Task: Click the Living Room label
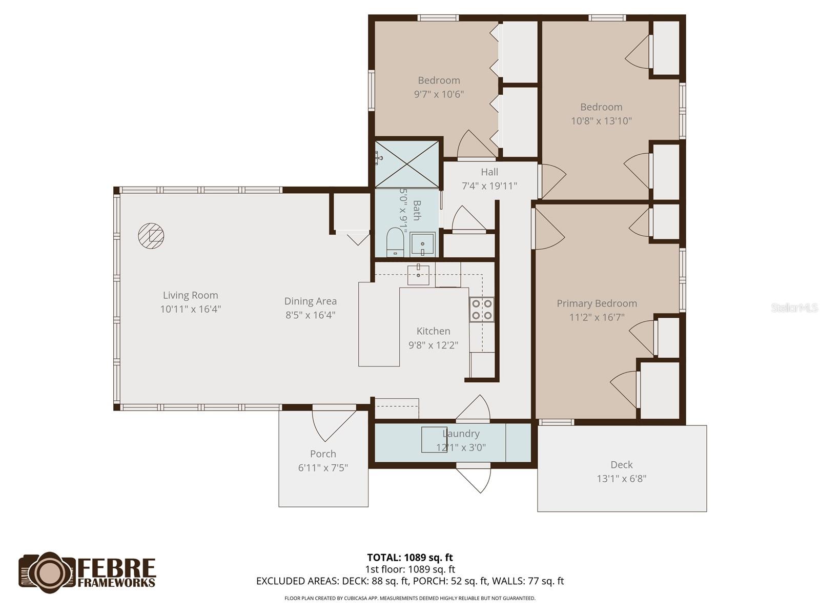[x=190, y=295]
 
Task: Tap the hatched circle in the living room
[x=151, y=236]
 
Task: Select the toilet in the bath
[x=395, y=242]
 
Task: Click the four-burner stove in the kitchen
[x=482, y=310]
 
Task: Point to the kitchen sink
[x=418, y=275]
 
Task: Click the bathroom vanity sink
[x=422, y=244]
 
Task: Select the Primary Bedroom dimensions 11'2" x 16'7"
[x=597, y=317]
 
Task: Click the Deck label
[x=621, y=465]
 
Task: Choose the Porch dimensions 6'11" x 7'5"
[x=323, y=467]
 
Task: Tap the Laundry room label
[x=461, y=434]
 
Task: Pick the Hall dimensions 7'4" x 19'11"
[x=489, y=186]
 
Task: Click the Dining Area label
[x=310, y=301]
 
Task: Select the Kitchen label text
[x=433, y=331]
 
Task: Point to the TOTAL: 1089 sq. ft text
[x=409, y=558]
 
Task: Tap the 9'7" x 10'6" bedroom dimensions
[x=439, y=94]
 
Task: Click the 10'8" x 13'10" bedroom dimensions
[x=601, y=121]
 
